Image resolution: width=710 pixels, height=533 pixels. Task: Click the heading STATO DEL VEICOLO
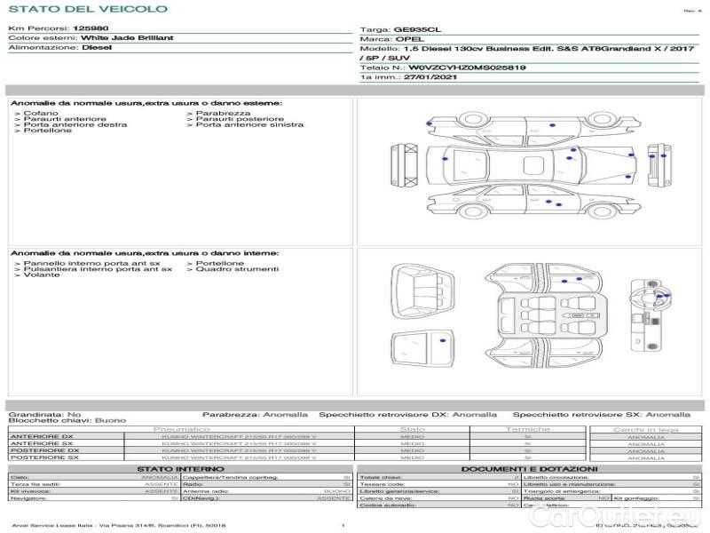[x=87, y=9]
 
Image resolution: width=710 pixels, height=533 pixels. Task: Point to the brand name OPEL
[x=404, y=40]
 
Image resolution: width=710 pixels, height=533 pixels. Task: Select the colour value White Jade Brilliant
[x=127, y=38]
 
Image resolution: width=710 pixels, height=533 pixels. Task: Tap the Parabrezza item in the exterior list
[x=223, y=113]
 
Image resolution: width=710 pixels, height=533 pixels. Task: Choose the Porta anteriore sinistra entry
[x=249, y=124]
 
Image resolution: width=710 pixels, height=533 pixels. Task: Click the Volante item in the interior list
[x=42, y=274]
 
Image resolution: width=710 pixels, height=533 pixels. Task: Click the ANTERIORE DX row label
[x=42, y=436]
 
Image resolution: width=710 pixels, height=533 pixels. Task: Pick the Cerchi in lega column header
[x=645, y=429]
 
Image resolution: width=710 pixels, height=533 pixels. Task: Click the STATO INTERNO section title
[x=175, y=468]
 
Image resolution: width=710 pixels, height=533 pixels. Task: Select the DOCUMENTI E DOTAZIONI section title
[x=529, y=468]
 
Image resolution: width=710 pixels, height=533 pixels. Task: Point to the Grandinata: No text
[x=44, y=414]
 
